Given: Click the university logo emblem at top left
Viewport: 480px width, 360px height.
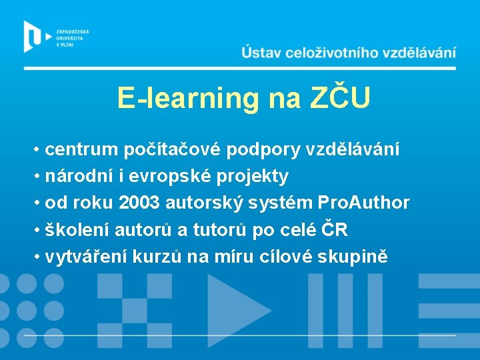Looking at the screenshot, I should (33, 36).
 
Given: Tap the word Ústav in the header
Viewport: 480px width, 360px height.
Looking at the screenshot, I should (263, 52).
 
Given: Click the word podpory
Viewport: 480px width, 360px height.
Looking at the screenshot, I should (263, 150).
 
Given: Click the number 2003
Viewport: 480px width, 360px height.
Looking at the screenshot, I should (139, 203).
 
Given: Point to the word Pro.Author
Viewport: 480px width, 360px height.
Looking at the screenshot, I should (363, 203).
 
